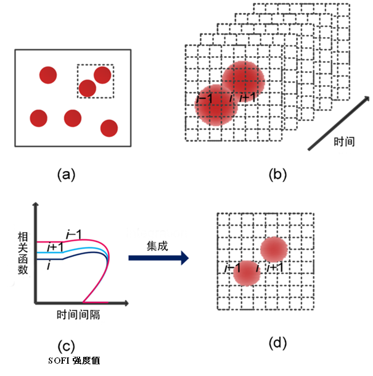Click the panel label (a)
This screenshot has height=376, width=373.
pos(66,175)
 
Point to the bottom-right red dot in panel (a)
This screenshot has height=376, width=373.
pos(109,128)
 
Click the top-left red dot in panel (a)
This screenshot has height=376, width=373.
pos(48,76)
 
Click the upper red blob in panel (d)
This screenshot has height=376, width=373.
pos(274,249)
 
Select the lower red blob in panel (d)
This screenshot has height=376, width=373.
pos(248,273)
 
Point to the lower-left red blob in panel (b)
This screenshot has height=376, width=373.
pos(216,105)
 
